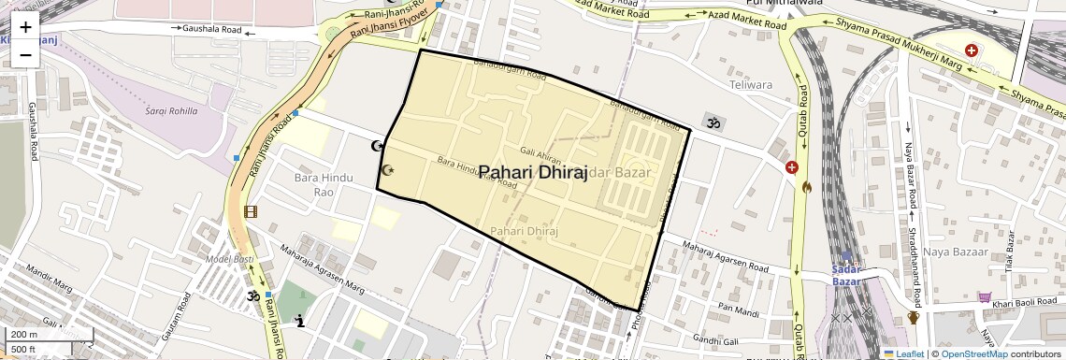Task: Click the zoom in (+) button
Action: tap(25, 27)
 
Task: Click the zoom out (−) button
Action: tap(25, 54)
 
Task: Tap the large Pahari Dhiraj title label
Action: tap(533, 174)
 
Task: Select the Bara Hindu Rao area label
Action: tap(313, 184)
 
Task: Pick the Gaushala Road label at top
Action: tap(212, 30)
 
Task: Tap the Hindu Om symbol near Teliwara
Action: tap(713, 122)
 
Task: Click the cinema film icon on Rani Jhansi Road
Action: tap(250, 211)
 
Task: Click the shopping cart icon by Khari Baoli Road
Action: tap(984, 297)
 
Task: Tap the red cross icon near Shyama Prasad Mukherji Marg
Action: tap(972, 50)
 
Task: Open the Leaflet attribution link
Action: tap(903, 354)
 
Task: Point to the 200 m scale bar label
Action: tap(24, 335)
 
